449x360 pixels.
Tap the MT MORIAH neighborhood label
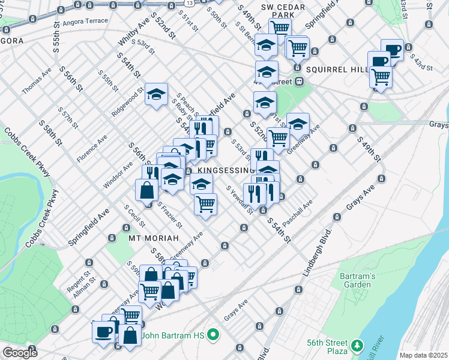pos(154,238)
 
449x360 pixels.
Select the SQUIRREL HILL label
pos(336,70)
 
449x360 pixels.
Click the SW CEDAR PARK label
pos(276,11)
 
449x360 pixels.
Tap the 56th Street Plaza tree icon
pos(358,346)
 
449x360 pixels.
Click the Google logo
pos(20,352)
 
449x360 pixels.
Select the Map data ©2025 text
pos(424,355)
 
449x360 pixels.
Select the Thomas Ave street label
pos(37,84)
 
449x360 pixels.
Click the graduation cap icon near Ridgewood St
pos(156,94)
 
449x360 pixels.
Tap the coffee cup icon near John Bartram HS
pos(103,331)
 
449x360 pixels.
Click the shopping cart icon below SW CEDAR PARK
pos(280,27)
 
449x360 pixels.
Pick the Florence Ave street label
pos(92,148)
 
